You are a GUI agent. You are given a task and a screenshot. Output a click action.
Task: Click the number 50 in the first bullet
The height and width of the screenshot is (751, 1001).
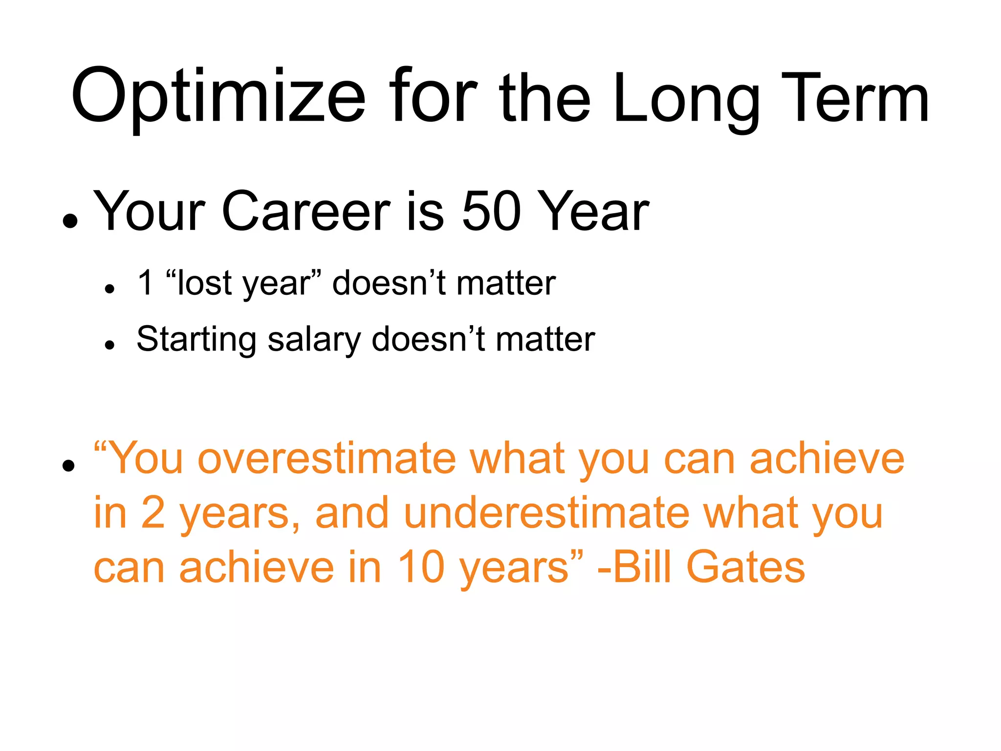click(x=491, y=211)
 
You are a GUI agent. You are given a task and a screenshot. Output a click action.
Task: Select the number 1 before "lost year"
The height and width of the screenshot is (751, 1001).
click(x=146, y=282)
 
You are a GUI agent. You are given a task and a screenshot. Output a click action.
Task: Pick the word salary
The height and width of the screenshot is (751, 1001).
click(x=314, y=340)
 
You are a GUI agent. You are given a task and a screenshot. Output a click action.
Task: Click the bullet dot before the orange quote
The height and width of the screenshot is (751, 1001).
click(x=69, y=465)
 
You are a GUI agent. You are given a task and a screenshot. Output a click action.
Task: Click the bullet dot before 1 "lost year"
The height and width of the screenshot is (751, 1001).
click(x=109, y=289)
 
